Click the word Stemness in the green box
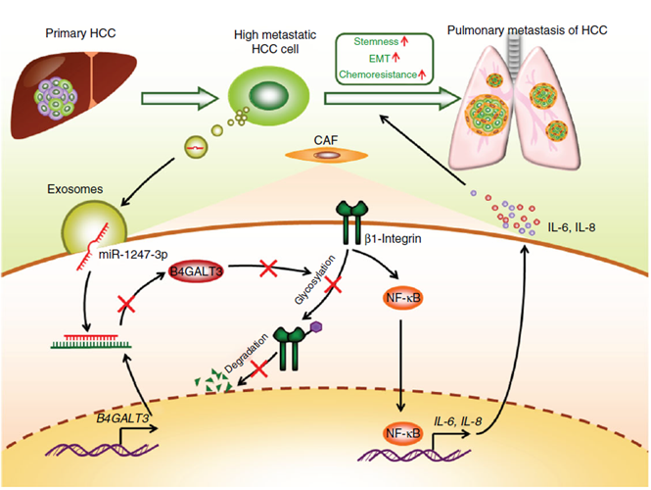[x=369, y=42]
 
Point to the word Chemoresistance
[x=377, y=73]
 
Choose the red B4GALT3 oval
[x=197, y=270]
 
